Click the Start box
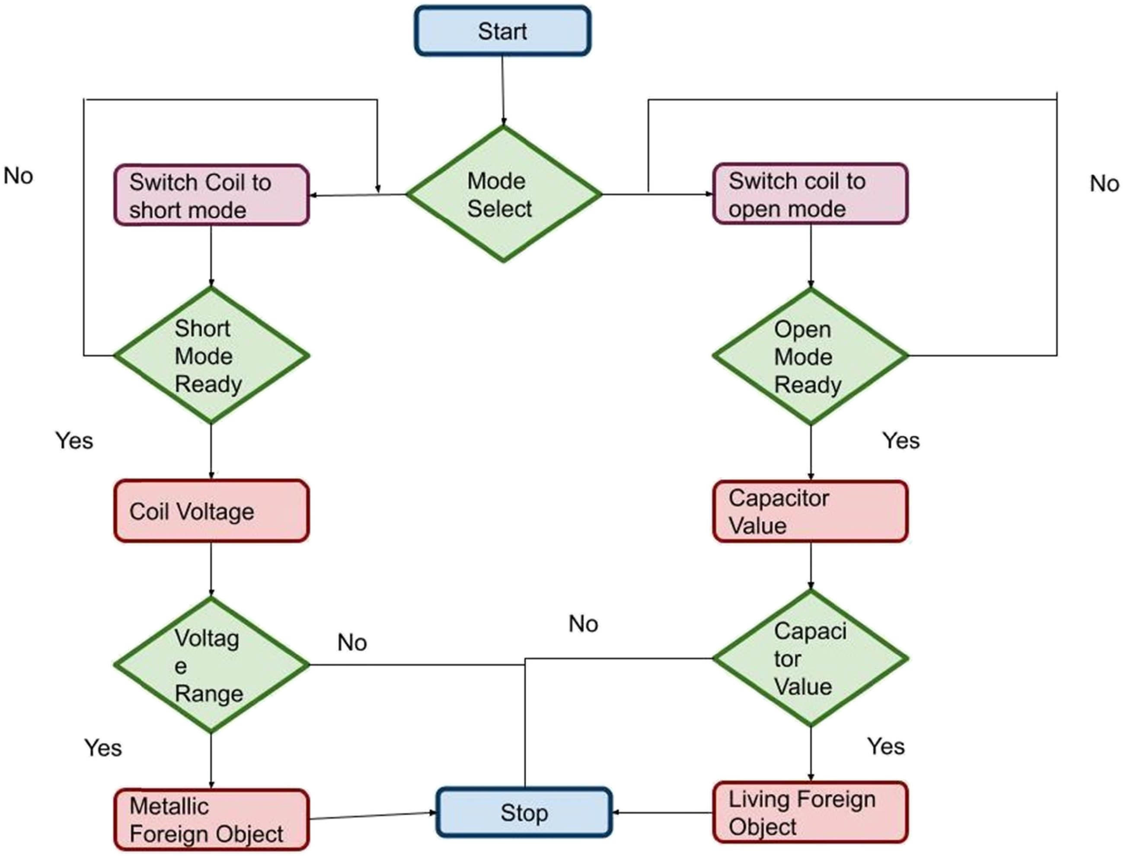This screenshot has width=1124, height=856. (502, 31)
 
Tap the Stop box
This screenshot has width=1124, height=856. (524, 812)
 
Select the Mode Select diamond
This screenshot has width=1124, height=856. (503, 194)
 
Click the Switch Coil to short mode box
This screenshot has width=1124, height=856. (211, 195)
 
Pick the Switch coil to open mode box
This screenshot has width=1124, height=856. (810, 194)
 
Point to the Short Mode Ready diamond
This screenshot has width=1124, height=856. (211, 356)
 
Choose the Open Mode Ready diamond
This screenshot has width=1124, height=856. (810, 356)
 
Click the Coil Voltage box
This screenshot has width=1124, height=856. (211, 511)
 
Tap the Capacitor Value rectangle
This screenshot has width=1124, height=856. (810, 511)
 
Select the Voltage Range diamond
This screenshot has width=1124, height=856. (211, 665)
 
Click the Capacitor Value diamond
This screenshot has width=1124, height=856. (810, 658)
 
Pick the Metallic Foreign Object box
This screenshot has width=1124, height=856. (211, 820)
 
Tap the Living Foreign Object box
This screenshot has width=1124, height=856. (810, 812)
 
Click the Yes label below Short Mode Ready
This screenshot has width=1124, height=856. (74, 441)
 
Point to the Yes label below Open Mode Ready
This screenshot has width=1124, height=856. (901, 441)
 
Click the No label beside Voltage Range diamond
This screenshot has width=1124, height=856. (352, 642)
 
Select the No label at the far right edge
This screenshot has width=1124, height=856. (1104, 184)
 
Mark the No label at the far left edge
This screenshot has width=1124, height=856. (18, 176)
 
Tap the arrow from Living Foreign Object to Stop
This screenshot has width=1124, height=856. (662, 812)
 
